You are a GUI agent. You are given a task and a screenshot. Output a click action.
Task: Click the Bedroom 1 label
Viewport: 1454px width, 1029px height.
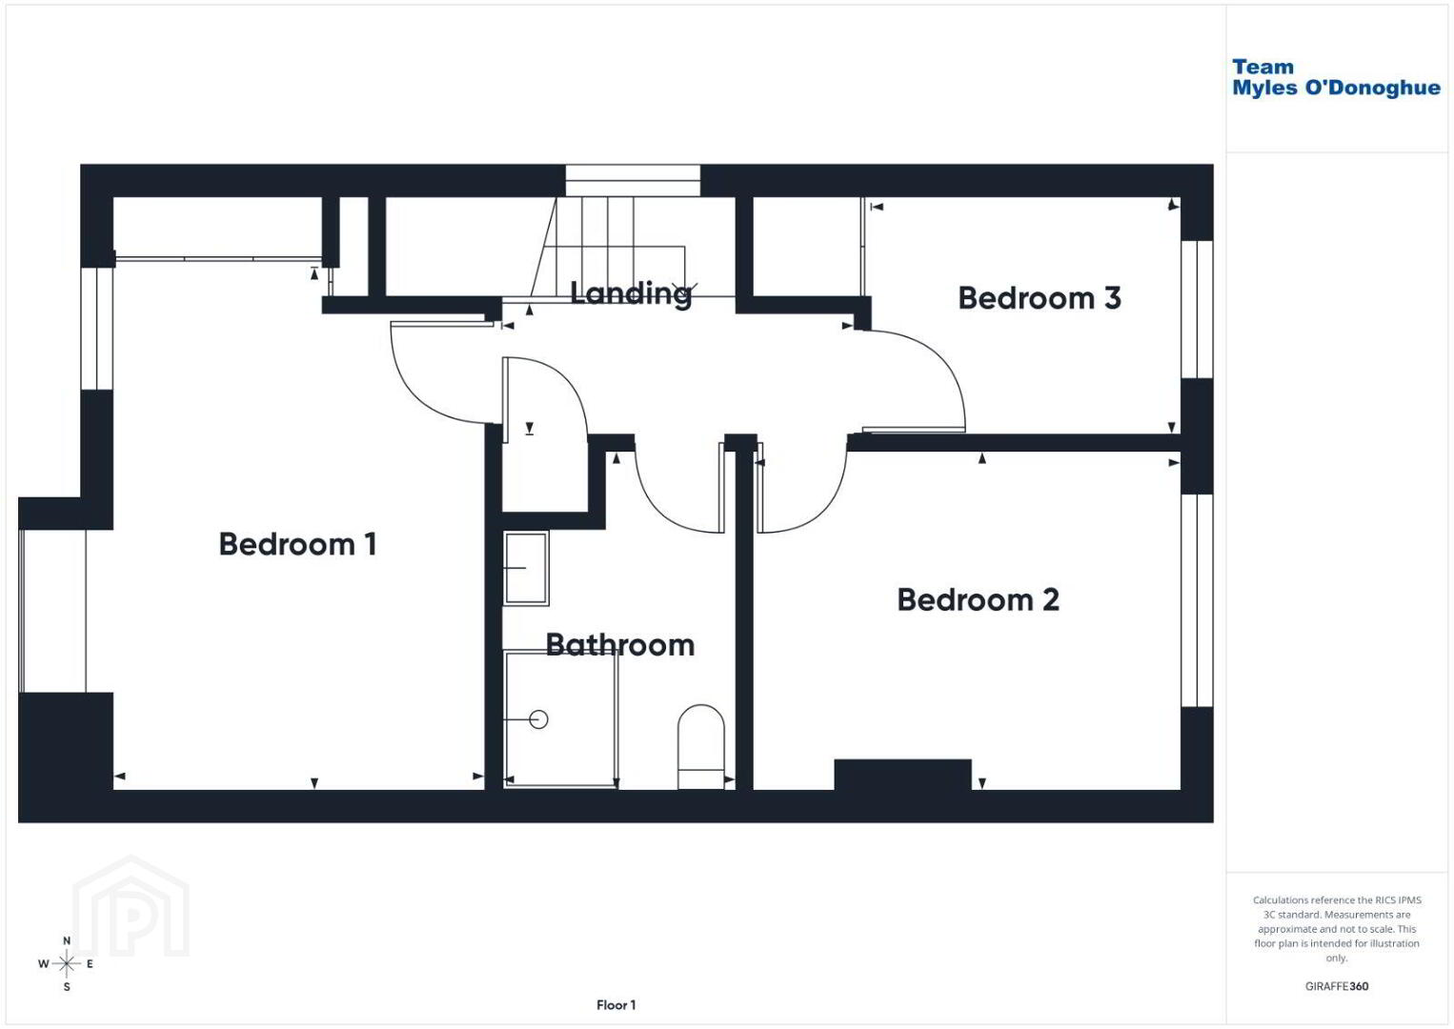[297, 544]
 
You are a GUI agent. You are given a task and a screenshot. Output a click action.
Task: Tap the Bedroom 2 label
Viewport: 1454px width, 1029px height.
[979, 599]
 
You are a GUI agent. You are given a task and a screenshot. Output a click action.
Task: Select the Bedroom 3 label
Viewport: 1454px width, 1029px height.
[1040, 298]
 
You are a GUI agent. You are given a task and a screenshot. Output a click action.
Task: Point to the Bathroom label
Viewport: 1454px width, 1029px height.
[620, 645]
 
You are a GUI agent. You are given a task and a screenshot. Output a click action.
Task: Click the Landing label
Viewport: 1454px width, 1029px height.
[631, 294]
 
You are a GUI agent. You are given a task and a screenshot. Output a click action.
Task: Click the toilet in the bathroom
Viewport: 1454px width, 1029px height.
[701, 747]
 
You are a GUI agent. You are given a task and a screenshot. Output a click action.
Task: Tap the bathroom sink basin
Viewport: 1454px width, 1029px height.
[526, 568]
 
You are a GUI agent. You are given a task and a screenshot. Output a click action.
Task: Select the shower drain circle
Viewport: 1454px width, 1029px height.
[538, 719]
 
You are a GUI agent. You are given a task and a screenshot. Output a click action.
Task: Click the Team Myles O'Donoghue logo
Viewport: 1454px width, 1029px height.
[1335, 77]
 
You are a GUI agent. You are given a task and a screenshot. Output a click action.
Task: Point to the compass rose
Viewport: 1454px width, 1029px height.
[66, 963]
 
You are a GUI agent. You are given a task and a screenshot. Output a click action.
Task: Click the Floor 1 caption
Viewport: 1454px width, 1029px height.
[616, 1005]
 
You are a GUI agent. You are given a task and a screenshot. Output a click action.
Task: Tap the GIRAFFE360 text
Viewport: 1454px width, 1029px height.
[1337, 986]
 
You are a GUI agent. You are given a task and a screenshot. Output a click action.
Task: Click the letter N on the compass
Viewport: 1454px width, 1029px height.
[66, 940]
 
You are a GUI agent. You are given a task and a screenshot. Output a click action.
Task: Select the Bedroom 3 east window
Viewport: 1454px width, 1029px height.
[1197, 310]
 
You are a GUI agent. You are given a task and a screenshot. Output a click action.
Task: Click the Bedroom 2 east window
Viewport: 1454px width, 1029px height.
[1197, 600]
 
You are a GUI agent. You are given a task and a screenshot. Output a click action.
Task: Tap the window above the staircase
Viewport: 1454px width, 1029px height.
[633, 180]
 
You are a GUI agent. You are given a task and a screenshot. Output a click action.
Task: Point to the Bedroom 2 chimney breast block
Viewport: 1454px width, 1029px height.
[902, 775]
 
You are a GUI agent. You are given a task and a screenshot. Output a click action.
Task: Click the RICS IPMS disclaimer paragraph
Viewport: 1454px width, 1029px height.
[1337, 928]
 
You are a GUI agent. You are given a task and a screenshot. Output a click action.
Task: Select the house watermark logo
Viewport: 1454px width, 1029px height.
[131, 906]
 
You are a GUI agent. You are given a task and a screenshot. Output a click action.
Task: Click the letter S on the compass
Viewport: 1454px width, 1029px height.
[66, 987]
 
